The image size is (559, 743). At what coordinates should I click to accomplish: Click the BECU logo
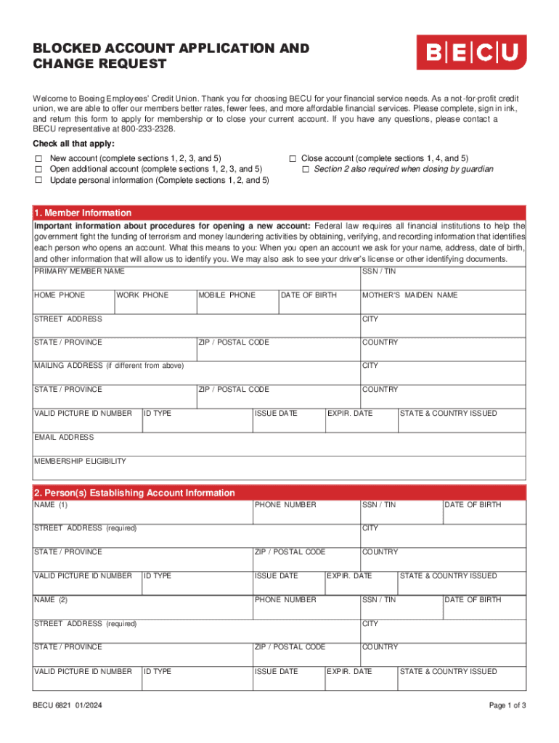click(x=471, y=52)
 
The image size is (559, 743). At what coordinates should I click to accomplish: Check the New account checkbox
click(x=39, y=158)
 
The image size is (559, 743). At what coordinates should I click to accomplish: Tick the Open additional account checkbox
click(x=39, y=169)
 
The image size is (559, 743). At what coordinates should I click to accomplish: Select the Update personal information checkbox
click(x=39, y=180)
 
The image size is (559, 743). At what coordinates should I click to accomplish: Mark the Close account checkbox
click(x=293, y=158)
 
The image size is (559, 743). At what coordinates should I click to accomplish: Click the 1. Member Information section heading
click(x=83, y=213)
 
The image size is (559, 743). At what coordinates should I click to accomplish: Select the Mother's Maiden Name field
click(x=443, y=305)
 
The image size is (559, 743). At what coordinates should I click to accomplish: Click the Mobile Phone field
click(x=237, y=305)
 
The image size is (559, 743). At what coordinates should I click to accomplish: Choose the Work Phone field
click(x=155, y=305)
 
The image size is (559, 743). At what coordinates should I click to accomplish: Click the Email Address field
click(x=279, y=446)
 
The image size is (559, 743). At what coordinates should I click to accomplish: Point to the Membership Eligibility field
click(x=279, y=470)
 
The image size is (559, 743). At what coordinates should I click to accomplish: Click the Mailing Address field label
click(x=109, y=366)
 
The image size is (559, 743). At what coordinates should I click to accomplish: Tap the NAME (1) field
click(x=142, y=514)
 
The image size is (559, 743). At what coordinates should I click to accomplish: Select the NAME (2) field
click(x=142, y=609)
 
